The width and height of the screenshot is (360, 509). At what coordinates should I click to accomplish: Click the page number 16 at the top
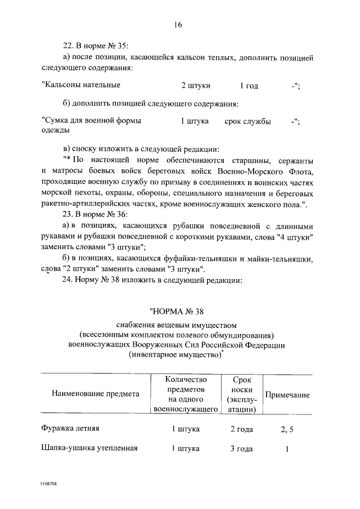point(179,24)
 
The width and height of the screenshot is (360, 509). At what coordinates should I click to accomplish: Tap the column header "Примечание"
point(287,395)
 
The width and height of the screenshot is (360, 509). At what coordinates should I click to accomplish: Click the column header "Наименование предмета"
point(95,394)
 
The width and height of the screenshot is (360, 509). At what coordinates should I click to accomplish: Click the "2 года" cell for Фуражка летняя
point(241,429)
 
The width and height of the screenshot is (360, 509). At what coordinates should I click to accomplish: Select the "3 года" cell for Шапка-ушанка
point(241,449)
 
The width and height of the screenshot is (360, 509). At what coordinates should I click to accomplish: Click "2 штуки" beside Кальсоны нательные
point(196,85)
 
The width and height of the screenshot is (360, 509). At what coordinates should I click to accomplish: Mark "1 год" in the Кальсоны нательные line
point(249,85)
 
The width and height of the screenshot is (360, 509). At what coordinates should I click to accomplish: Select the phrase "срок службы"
point(247,121)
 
